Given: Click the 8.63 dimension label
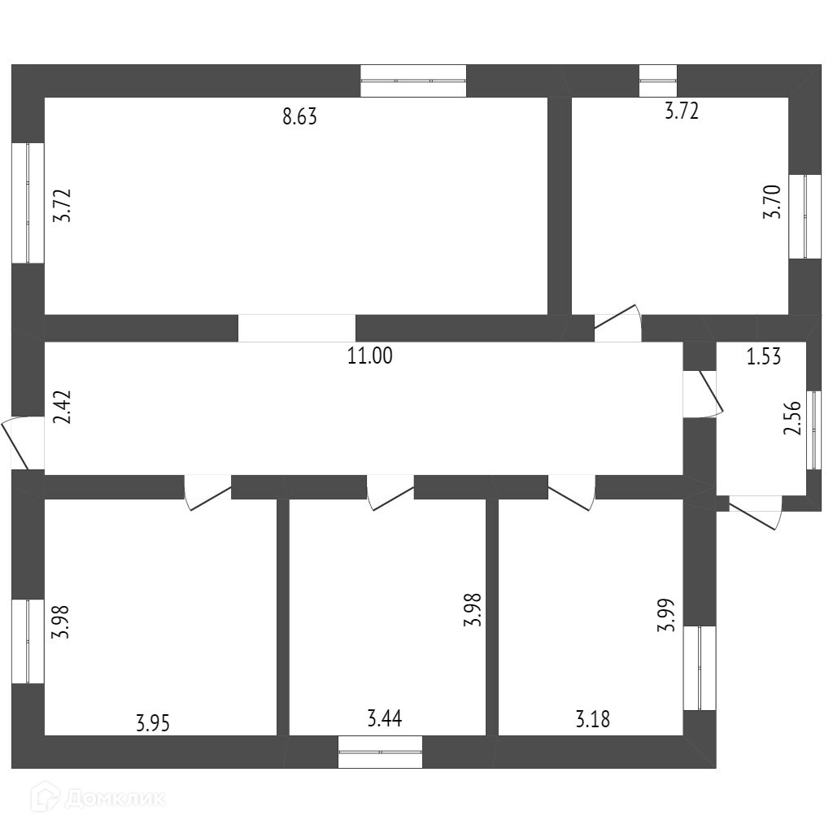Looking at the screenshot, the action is [299, 116].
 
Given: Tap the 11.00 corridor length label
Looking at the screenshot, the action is [369, 356].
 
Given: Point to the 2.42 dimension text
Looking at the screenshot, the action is [63, 407].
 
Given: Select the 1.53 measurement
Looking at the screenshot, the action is [764, 356].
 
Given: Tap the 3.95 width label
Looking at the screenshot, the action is [153, 722].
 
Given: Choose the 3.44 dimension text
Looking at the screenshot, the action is [385, 718].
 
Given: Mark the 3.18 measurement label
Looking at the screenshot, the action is [592, 719].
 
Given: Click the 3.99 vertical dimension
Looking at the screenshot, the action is [667, 616].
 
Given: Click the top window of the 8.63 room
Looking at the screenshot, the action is [413, 81].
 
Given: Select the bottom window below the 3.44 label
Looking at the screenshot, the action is [381, 751].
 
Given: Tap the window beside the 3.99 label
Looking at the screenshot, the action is [700, 668].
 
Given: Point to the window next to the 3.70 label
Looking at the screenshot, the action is [805, 216].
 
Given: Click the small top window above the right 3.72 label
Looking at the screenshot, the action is [657, 80].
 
